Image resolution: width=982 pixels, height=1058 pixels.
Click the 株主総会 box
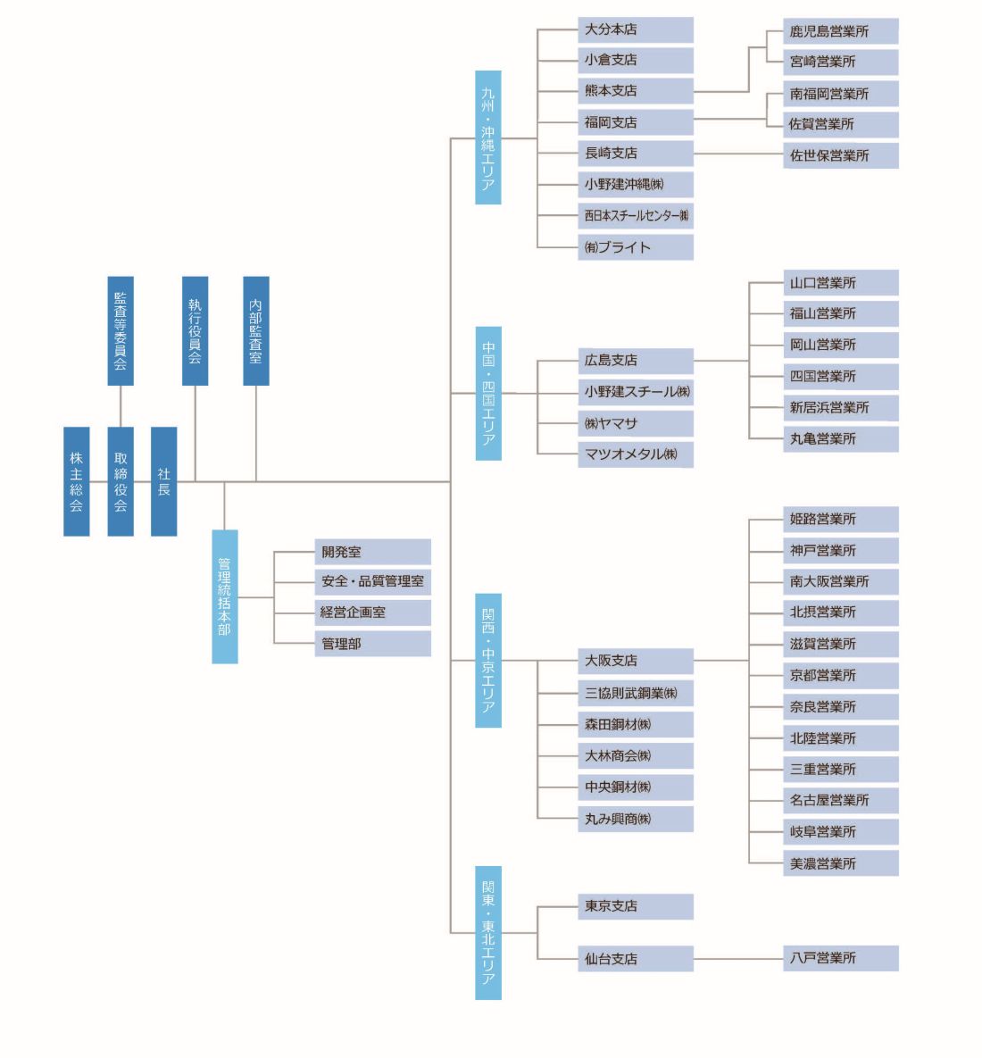click(x=76, y=481)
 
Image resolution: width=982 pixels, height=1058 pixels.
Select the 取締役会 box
click(x=121, y=481)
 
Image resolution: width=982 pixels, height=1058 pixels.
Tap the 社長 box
click(x=163, y=481)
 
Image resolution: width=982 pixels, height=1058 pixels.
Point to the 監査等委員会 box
click(x=121, y=330)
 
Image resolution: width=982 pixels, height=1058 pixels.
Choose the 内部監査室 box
click(x=256, y=330)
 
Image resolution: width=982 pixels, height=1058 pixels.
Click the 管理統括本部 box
click(x=225, y=596)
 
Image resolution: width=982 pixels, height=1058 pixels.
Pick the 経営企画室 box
click(x=372, y=612)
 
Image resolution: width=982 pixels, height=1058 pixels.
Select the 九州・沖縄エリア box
click(x=488, y=137)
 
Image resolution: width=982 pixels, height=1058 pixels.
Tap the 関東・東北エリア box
click(x=488, y=932)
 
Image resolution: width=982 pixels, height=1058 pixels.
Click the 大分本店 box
click(x=635, y=29)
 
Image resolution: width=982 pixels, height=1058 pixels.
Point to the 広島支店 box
click(x=635, y=361)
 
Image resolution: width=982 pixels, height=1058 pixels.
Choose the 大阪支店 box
click(x=635, y=661)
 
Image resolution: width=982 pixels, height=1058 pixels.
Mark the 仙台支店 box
click(x=635, y=959)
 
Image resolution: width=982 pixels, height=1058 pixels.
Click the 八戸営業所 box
click(x=840, y=959)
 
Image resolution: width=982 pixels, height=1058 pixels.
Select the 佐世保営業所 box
click(x=840, y=155)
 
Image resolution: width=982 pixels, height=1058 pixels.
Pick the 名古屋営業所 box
click(x=840, y=801)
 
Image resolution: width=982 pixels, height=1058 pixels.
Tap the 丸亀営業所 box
click(x=840, y=439)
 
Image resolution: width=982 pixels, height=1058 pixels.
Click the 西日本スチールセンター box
click(x=635, y=216)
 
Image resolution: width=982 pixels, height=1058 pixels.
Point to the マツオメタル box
click(x=635, y=454)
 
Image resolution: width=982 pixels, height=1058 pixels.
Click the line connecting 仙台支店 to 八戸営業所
click(x=738, y=959)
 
